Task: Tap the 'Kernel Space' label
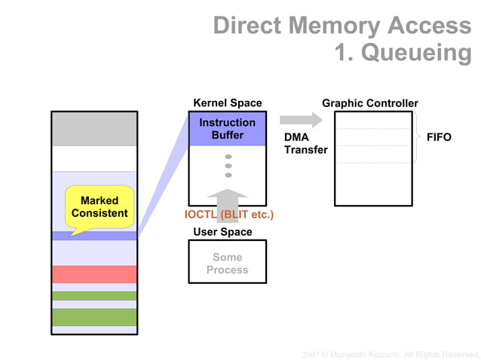(227, 103)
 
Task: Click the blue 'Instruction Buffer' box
(227, 129)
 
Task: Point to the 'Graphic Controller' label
(369, 103)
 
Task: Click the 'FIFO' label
(439, 138)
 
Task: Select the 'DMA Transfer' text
(305, 144)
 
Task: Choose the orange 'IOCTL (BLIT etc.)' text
(228, 215)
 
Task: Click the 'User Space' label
(222, 232)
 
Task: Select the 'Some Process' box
(227, 263)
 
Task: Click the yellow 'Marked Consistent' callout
(100, 207)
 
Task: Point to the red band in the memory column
(94, 274)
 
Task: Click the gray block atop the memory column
(94, 129)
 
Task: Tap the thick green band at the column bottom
(94, 317)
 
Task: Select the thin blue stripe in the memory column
(94, 236)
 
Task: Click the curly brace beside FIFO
(418, 137)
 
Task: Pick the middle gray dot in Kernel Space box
(228, 166)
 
